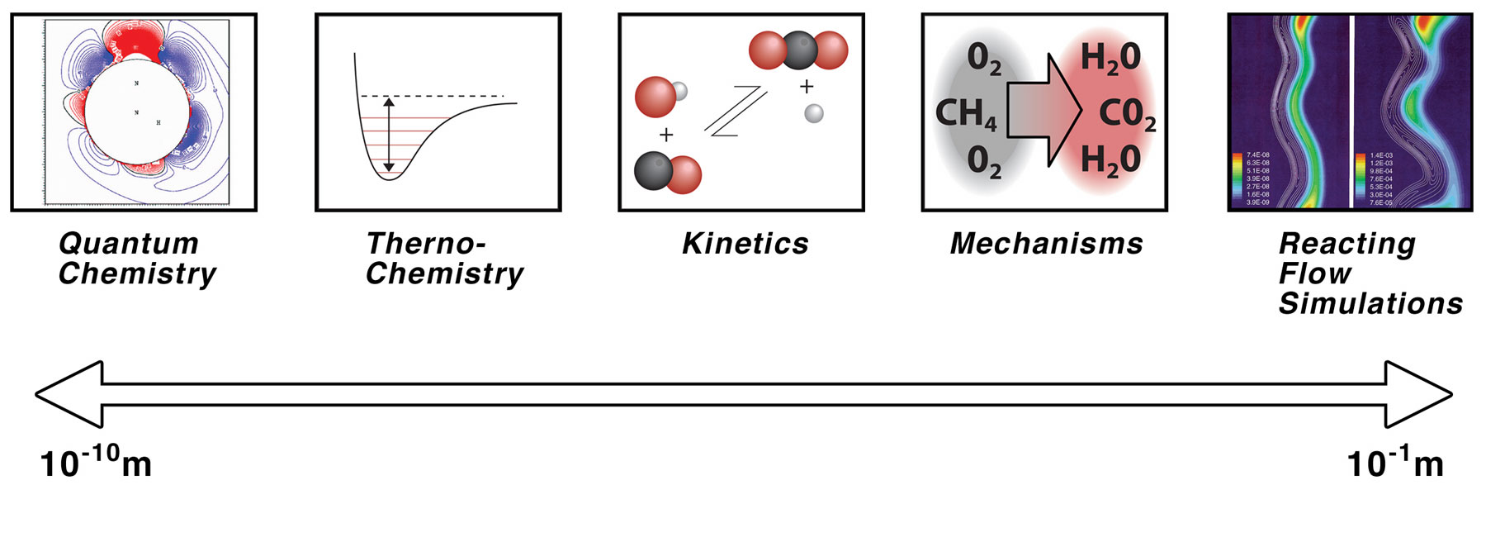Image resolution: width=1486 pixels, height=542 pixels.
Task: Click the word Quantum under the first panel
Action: (x=128, y=244)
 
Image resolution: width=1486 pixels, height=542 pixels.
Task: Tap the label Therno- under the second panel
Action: (x=425, y=244)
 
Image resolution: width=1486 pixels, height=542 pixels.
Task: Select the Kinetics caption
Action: (x=745, y=244)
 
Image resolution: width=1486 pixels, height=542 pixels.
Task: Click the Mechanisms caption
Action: (x=1046, y=244)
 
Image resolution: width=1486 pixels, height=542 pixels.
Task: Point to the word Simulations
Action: (x=1370, y=304)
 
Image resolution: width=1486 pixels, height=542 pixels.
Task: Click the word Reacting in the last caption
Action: (x=1346, y=244)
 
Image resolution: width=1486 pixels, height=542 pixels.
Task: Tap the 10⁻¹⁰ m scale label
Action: (x=95, y=462)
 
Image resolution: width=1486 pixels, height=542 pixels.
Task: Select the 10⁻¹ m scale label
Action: (x=1394, y=462)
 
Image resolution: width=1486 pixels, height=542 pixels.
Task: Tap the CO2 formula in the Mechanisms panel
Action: (x=1126, y=114)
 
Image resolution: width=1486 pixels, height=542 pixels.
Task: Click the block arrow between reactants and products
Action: (x=1044, y=110)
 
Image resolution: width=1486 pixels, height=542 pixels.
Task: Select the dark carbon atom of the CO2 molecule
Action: (x=798, y=50)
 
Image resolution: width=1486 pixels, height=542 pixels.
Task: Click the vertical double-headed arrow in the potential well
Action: (x=389, y=135)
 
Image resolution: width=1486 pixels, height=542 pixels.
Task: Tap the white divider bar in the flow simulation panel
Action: (x=1351, y=112)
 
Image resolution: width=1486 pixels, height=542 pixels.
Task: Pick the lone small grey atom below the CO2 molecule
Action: (x=813, y=113)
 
